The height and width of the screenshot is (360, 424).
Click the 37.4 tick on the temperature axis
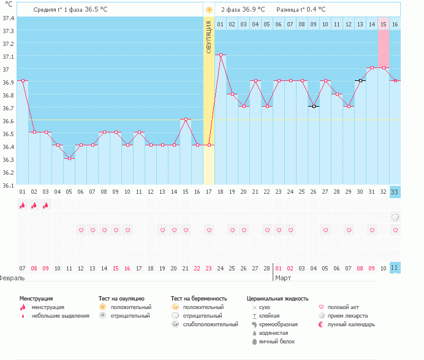[8, 17]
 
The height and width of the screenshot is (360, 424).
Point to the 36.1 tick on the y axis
[8, 185]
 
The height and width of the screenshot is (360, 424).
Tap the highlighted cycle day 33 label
[395, 192]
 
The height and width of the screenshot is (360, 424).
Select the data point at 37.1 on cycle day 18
[221, 55]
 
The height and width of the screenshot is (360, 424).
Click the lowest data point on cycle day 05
[69, 159]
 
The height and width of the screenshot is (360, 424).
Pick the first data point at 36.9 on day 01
[23, 81]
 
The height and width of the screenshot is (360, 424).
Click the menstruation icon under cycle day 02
[34, 205]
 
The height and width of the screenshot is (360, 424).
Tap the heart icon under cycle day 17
[209, 230]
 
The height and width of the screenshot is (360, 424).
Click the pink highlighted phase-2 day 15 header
[384, 24]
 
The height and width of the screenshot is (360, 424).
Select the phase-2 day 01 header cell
[220, 24]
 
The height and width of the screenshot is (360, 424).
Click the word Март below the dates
[283, 278]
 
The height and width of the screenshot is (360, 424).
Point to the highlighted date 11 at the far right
[395, 268]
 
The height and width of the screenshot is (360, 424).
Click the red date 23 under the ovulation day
[209, 268]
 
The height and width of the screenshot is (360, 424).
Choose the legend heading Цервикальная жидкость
[276, 298]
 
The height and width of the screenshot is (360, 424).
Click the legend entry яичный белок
[279, 341]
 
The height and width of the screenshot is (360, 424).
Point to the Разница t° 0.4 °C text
[301, 10]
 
